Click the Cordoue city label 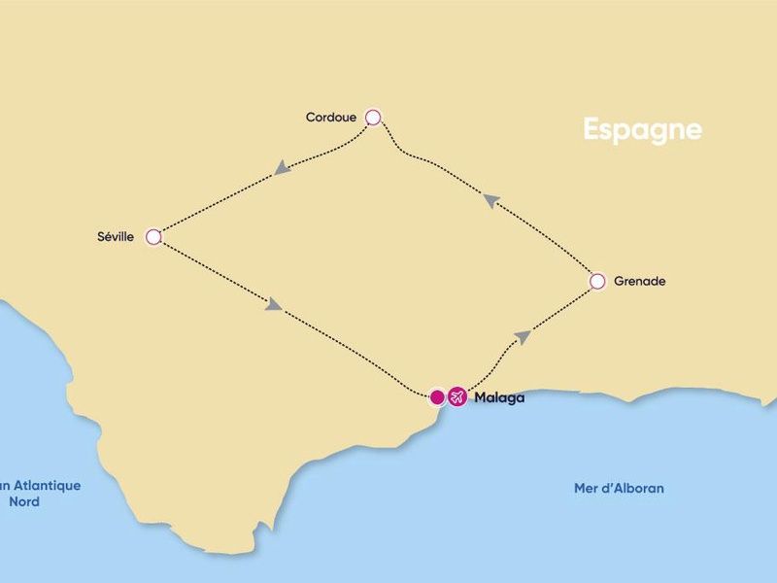click(x=330, y=119)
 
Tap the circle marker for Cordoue click(x=373, y=118)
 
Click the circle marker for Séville click(x=152, y=236)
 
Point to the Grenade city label click(x=640, y=282)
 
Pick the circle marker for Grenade click(x=598, y=282)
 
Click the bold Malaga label click(x=499, y=397)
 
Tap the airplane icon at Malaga click(x=457, y=396)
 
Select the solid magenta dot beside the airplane click(x=437, y=396)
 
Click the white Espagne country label click(x=642, y=129)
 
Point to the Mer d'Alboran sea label click(x=619, y=488)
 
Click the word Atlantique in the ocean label click(x=45, y=486)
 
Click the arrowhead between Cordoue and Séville click(x=282, y=168)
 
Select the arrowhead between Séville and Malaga click(x=274, y=305)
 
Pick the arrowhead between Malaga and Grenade click(x=523, y=336)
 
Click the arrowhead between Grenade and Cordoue click(x=491, y=200)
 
